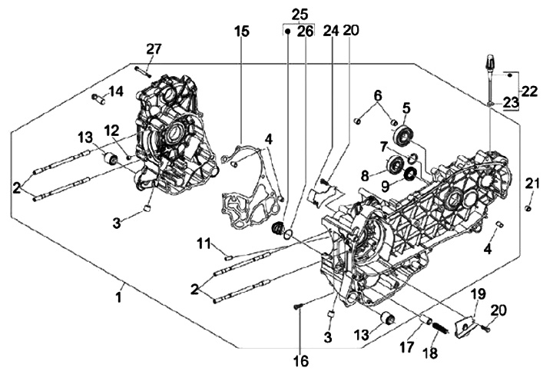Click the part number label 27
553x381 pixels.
154,49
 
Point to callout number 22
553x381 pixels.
530,91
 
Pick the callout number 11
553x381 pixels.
203,244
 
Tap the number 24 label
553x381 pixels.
331,31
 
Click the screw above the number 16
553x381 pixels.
298,309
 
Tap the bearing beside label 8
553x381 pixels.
398,164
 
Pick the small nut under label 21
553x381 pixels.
528,207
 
